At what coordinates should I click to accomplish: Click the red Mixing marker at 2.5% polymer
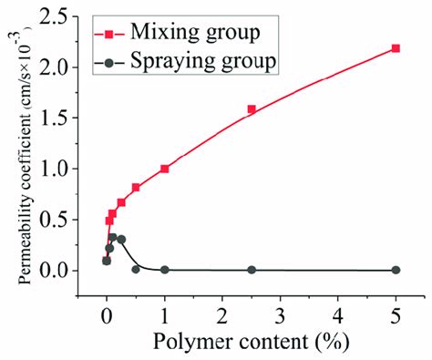tap(252, 109)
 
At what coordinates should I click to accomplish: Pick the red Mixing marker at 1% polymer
tap(165, 169)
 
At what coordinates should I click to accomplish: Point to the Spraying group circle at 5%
tap(396, 270)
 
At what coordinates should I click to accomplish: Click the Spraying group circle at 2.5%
tap(252, 270)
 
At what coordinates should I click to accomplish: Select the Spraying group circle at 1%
tap(165, 270)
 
